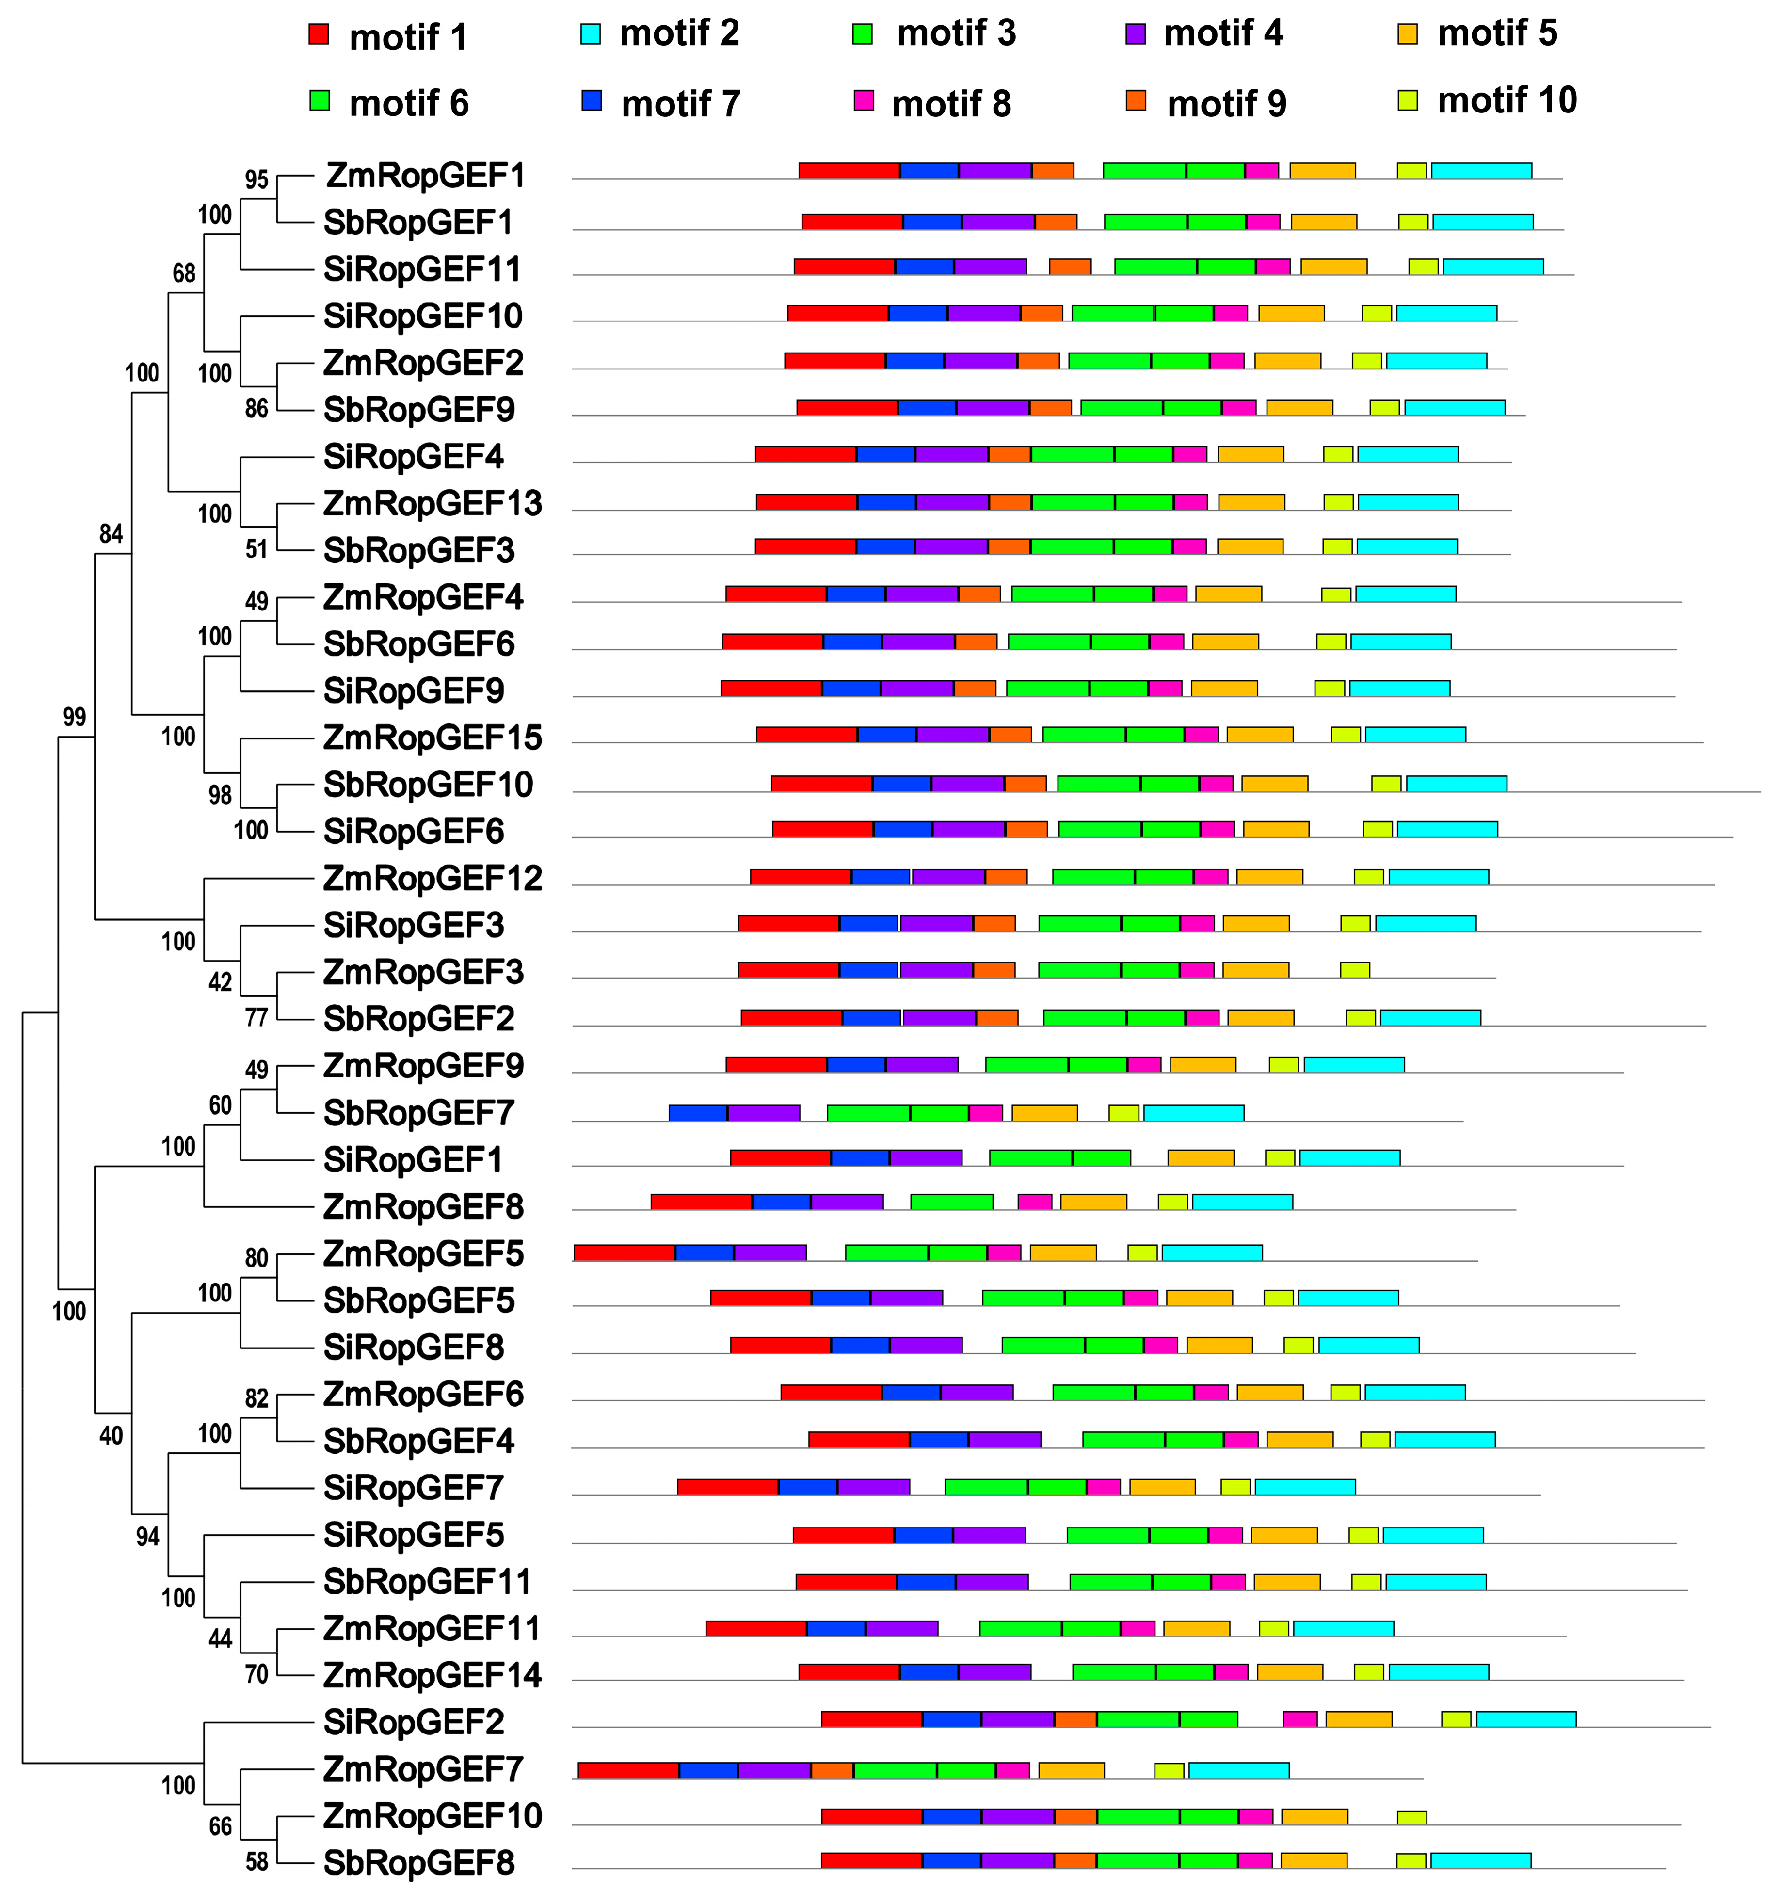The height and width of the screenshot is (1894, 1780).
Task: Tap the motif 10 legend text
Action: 1507,100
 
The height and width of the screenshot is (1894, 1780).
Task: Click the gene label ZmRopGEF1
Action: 425,176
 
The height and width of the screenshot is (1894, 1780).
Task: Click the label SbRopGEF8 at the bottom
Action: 418,1862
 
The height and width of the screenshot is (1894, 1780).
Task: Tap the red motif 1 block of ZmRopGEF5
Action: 624,1252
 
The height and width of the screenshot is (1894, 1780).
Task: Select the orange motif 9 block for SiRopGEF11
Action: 1069,267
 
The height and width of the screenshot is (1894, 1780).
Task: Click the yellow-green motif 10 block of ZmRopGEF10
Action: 1411,1817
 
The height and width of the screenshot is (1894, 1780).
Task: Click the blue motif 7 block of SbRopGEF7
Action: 698,1112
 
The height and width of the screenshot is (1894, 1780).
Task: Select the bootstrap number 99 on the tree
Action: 73,717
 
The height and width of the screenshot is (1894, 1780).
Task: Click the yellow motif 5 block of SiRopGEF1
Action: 1201,1157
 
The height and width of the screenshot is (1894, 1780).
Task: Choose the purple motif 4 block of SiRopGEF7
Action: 873,1486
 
